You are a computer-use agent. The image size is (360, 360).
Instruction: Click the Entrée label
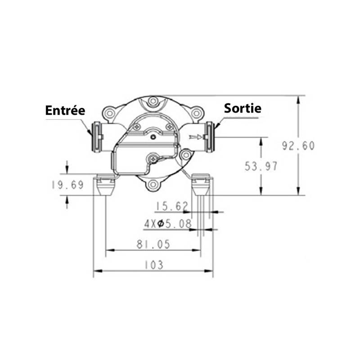[65, 110]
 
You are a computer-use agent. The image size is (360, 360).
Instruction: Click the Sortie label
[243, 108]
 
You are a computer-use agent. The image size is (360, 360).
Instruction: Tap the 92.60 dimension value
[298, 146]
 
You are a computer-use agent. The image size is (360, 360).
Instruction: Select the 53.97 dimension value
[261, 166]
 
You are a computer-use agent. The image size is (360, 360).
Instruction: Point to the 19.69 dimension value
[67, 185]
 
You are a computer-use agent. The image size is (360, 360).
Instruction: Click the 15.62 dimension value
[172, 206]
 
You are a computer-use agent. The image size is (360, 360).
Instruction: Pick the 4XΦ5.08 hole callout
[168, 224]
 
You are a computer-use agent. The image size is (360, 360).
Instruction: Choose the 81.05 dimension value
[153, 244]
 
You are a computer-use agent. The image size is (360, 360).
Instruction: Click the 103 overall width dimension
[153, 265]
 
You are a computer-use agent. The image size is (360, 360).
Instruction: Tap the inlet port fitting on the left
[97, 137]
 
